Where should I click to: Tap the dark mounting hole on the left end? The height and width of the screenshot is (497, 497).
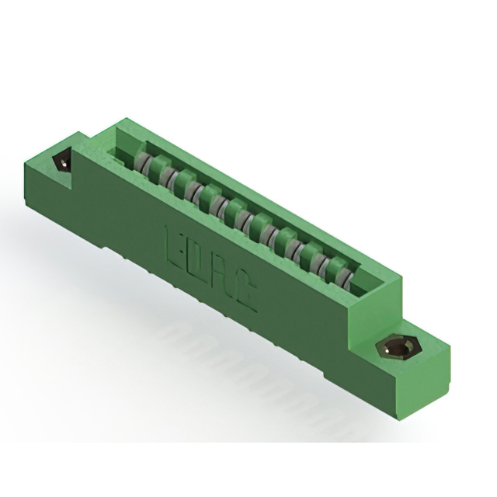click(x=62, y=162)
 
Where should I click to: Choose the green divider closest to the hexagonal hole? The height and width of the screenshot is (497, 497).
click(x=336, y=268)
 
